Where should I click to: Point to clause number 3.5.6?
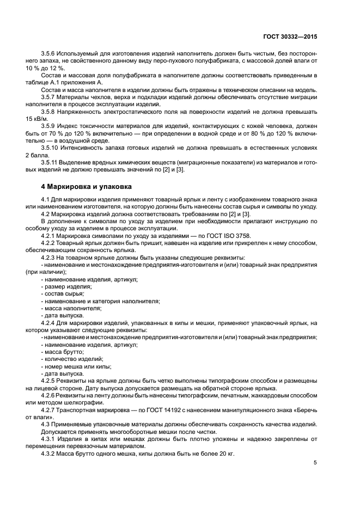click(50, 54)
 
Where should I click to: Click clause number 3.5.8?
click(50, 111)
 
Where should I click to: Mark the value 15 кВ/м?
click(36, 118)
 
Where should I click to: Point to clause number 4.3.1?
click(50, 437)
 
